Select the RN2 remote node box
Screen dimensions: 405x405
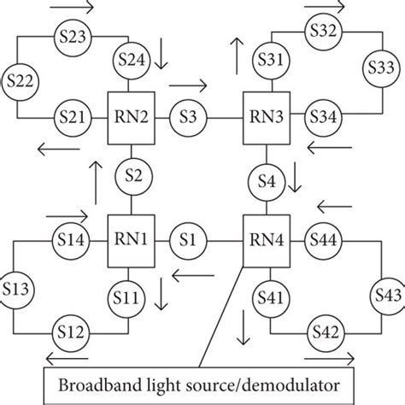click(x=130, y=114)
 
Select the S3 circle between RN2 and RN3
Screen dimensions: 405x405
click(x=189, y=114)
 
